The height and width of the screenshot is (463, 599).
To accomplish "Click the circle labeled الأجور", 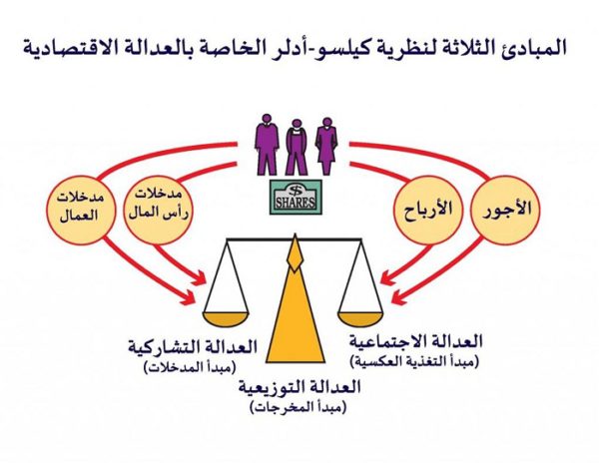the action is [x=505, y=211].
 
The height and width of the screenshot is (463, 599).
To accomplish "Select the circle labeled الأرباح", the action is [x=428, y=211].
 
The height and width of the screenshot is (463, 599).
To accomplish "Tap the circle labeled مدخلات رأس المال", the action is [x=158, y=211].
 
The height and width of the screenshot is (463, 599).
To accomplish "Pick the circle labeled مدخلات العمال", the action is [x=81, y=211].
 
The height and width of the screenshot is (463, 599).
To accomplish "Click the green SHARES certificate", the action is [x=296, y=197].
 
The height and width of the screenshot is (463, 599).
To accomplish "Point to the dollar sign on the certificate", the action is [x=296, y=190].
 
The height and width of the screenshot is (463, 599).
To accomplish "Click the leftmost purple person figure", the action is [x=267, y=145].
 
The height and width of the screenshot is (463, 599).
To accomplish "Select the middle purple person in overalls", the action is [x=297, y=147].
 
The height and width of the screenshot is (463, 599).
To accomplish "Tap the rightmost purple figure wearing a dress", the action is [x=325, y=146].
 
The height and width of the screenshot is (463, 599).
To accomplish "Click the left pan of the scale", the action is [x=226, y=318].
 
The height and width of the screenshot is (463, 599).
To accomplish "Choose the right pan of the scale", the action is [x=360, y=318].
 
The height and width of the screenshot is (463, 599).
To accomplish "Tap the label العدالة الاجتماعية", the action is [x=415, y=341].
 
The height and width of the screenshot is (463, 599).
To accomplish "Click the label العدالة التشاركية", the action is [x=192, y=347].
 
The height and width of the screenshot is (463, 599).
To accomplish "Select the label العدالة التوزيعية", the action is [x=299, y=388].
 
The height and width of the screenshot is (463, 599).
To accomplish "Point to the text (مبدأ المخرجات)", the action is [x=298, y=408].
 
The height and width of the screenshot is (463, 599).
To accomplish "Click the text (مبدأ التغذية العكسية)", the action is [x=414, y=361].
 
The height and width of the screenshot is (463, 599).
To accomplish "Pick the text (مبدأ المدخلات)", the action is [x=190, y=367].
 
